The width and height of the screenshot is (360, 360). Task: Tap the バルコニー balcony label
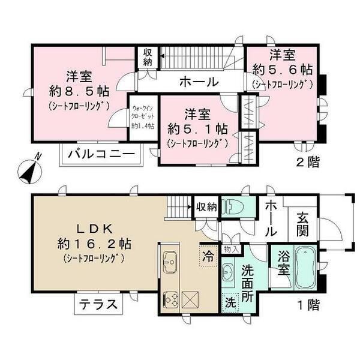click(101, 154)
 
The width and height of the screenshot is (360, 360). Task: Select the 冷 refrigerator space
click(206, 254)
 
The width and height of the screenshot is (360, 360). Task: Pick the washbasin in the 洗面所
click(229, 272)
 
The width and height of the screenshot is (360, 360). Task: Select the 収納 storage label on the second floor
click(147, 58)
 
